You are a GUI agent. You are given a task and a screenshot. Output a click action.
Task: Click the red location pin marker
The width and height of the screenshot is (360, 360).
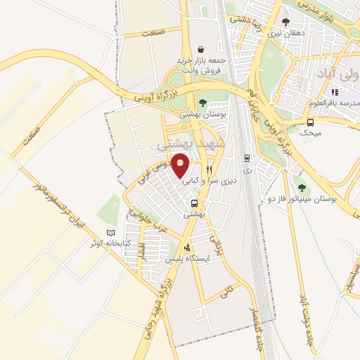point(181,165)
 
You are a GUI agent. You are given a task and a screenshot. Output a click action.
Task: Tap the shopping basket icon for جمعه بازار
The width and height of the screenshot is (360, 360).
point(202,50)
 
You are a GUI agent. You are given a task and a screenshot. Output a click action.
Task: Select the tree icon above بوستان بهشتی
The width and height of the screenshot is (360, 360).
point(202,103)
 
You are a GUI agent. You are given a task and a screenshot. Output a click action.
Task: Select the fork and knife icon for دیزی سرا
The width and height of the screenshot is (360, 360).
point(209,169)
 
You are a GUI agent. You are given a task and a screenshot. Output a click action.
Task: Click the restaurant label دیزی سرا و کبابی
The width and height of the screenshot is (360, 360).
point(210,181)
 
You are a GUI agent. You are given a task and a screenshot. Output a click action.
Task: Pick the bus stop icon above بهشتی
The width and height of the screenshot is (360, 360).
point(195,204)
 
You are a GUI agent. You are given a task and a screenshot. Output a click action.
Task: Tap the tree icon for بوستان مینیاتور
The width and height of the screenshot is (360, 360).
point(302,188)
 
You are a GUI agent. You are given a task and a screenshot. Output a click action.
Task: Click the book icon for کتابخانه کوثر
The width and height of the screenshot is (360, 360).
point(109,233)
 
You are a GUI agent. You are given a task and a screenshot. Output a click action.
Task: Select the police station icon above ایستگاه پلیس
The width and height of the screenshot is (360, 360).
point(187,247)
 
